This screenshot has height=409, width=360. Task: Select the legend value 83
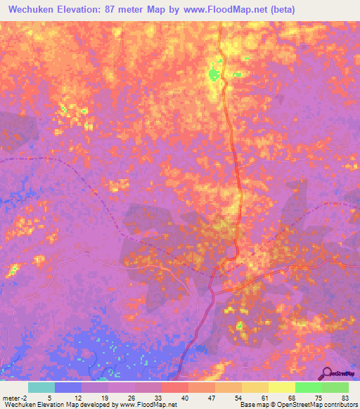click(x=345, y=397)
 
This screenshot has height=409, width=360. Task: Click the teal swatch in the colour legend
click(x=41, y=387)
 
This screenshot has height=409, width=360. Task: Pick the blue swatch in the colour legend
click(x=68, y=387)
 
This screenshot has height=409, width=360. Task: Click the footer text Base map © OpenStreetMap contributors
click(x=298, y=405)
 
